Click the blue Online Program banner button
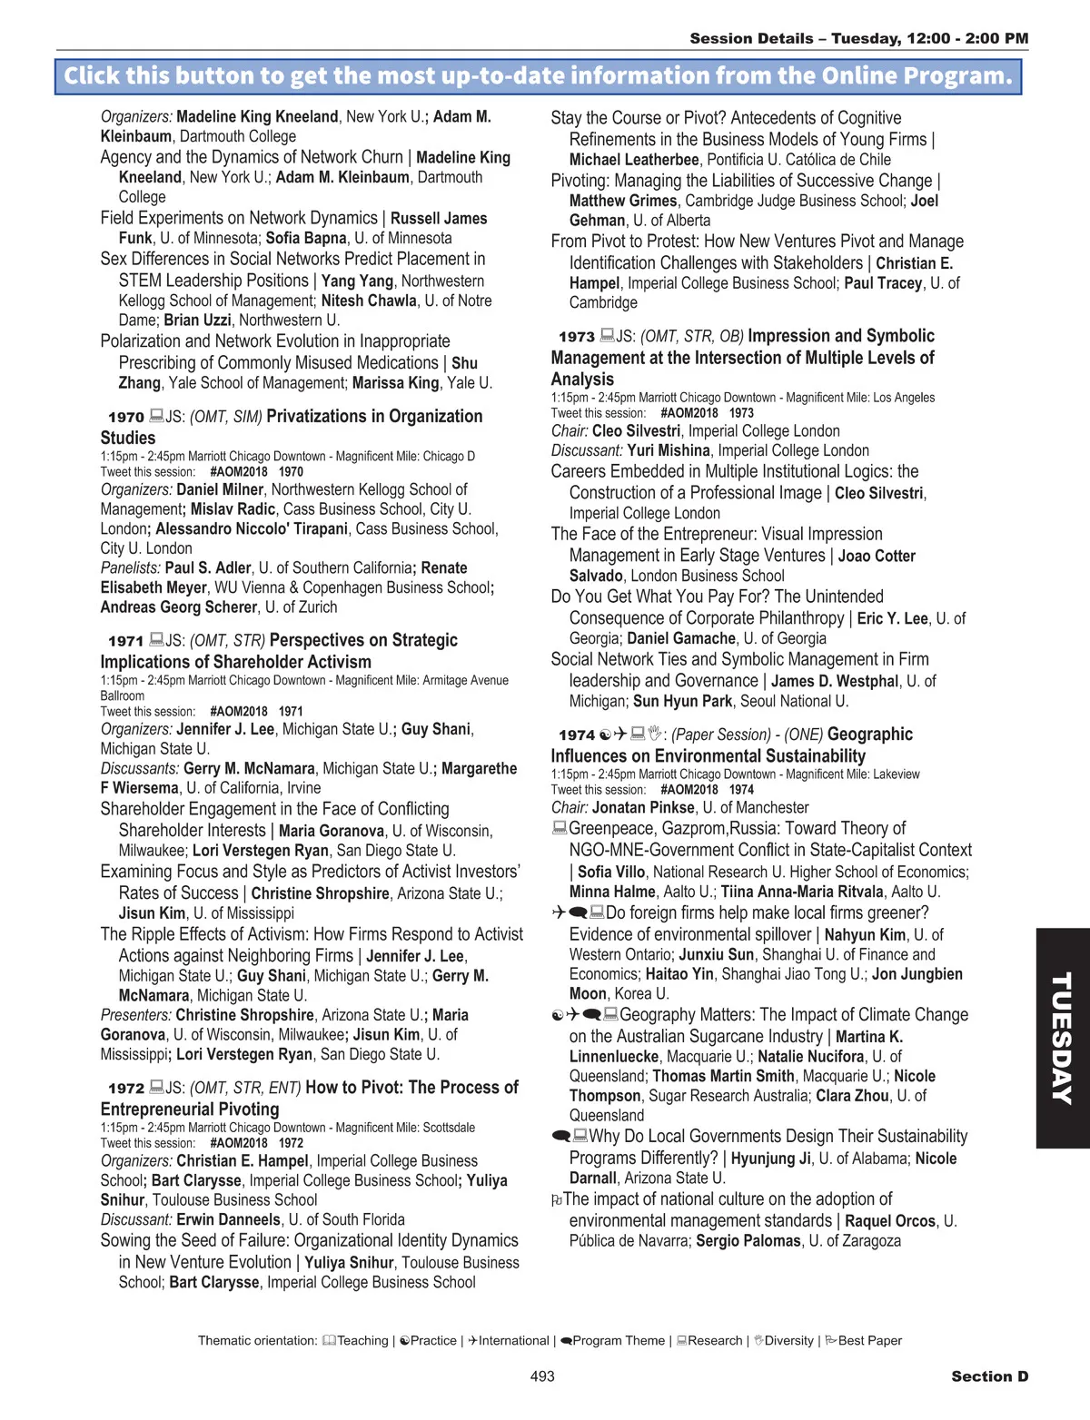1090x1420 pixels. click(538, 76)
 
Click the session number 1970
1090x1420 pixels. click(126, 418)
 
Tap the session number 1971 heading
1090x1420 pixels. click(126, 641)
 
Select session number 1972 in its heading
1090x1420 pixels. click(126, 1089)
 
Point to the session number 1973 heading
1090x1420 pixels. click(577, 337)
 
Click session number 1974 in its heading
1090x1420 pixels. click(577, 735)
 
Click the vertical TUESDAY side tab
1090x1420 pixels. click(1062, 1038)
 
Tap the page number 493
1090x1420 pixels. click(542, 1376)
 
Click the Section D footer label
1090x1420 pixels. click(989, 1376)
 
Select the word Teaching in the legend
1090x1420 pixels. click(362, 1341)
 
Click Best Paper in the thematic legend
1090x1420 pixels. click(869, 1341)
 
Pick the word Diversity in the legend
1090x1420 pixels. click(788, 1341)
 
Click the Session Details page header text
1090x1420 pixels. click(858, 38)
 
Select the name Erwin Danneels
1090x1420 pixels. click(228, 1220)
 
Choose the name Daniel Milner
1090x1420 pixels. click(220, 489)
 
